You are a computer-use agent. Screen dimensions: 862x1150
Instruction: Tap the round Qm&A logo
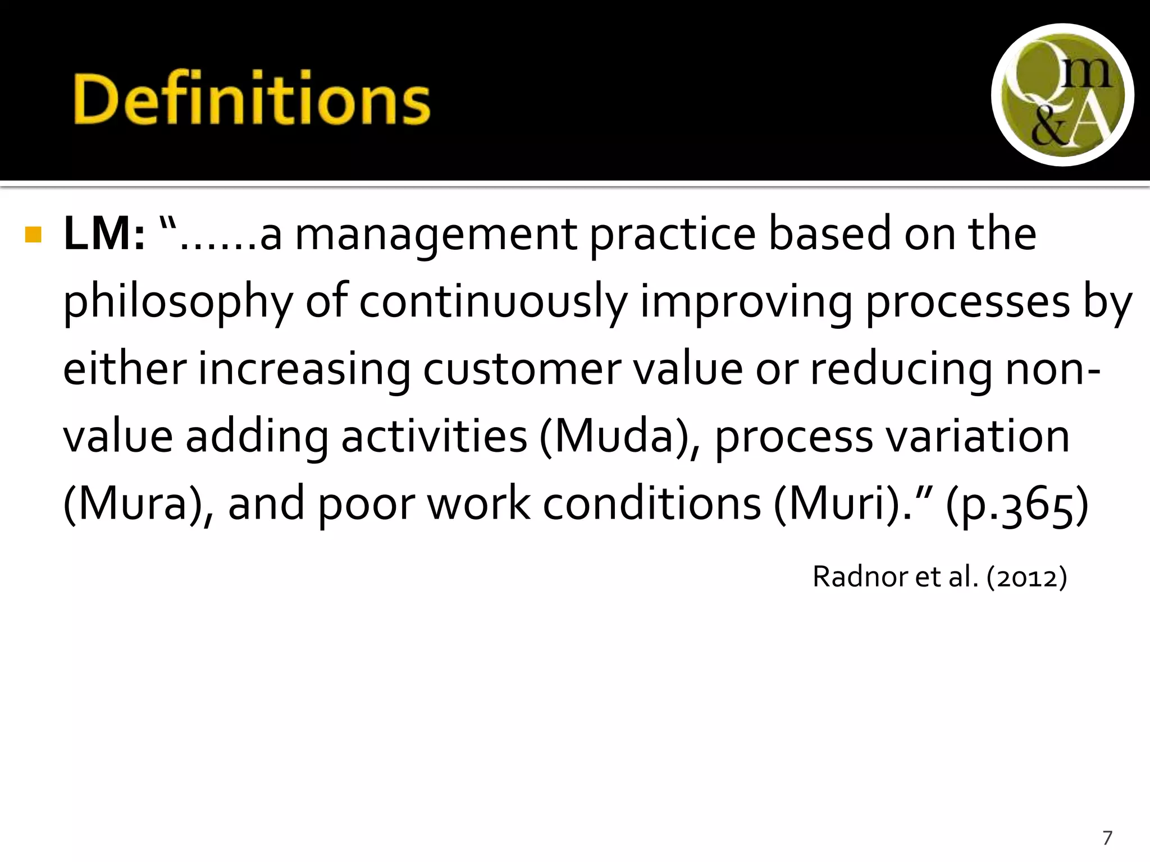(1062, 94)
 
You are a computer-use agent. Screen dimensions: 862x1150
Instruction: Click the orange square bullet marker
(34, 235)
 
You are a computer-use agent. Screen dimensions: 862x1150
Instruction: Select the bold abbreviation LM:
(104, 235)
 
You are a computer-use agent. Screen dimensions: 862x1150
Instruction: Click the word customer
(522, 370)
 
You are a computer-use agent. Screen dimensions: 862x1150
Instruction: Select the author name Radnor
(860, 577)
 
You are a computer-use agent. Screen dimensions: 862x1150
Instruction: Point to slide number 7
(1107, 838)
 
